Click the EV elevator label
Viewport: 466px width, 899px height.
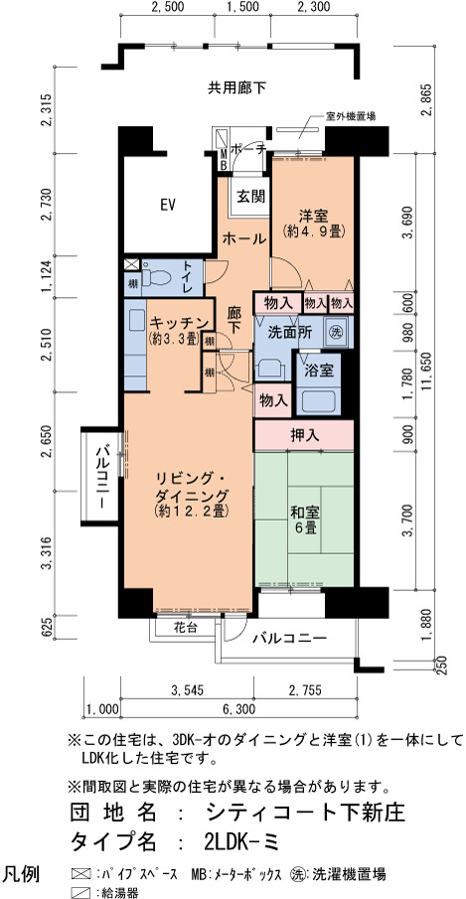(x=167, y=204)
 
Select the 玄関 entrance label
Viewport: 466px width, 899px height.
(x=251, y=197)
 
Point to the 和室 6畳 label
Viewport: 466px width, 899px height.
(x=305, y=519)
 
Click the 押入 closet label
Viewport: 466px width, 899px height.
(x=304, y=436)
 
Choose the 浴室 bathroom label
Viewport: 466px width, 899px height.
(x=319, y=370)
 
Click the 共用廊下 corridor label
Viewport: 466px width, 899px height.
(x=237, y=87)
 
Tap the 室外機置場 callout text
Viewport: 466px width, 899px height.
(x=351, y=116)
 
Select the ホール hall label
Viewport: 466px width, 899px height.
(x=243, y=238)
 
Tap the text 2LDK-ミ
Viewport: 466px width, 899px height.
(x=240, y=841)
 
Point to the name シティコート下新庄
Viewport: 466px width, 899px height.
(x=305, y=812)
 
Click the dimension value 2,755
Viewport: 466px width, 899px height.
(x=304, y=688)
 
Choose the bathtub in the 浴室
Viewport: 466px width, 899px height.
(x=319, y=400)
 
